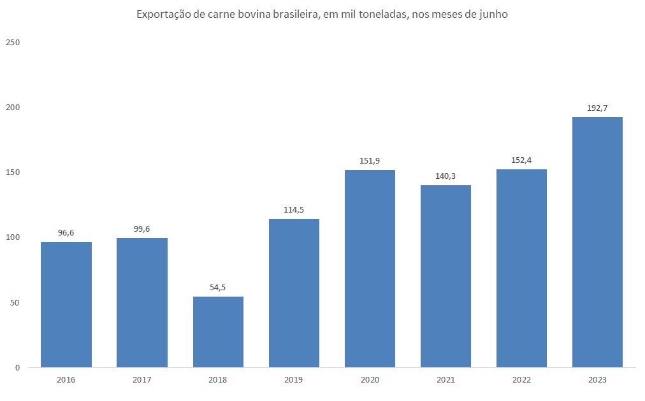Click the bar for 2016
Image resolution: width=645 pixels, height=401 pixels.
[66, 304]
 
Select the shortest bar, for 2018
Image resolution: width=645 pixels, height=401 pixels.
[218, 332]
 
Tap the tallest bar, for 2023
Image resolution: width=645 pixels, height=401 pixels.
[597, 242]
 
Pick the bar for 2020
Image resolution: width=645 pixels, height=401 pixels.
[370, 268]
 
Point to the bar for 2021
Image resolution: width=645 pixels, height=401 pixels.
[446, 276]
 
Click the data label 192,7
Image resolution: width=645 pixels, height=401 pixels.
[597, 108]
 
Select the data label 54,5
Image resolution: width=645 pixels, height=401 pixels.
[218, 288]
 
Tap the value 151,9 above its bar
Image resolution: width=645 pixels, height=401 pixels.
[370, 161]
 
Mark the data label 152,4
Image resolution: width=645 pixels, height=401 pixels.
[521, 160]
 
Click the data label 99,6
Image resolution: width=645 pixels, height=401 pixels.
[142, 229]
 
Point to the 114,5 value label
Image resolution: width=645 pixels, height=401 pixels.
[294, 210]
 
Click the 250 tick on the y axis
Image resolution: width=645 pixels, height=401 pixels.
[13, 43]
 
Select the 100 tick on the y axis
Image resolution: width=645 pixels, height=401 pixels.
[13, 237]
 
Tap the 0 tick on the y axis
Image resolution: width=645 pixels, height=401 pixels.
[17, 367]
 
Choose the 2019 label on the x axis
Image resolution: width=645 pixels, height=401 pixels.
[294, 380]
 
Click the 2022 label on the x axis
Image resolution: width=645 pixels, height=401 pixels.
[521, 380]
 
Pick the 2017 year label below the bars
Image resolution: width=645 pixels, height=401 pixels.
[142, 380]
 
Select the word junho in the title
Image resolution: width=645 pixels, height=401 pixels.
[493, 15]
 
